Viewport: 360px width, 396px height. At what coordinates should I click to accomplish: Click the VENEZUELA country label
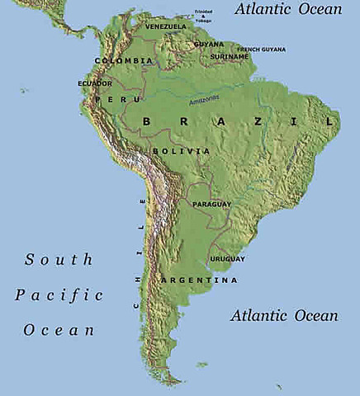click(x=165, y=26)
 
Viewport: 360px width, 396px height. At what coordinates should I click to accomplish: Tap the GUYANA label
click(x=209, y=44)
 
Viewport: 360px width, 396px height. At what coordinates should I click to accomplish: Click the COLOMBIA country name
click(x=124, y=61)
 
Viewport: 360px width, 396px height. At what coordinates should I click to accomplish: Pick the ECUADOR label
click(x=95, y=83)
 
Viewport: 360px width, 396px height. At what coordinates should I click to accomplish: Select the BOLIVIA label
click(x=175, y=152)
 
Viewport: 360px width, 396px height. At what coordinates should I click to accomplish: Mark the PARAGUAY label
click(x=211, y=203)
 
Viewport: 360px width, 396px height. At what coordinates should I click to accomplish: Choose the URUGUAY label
click(x=229, y=259)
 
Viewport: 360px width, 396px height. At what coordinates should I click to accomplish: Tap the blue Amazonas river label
click(x=204, y=100)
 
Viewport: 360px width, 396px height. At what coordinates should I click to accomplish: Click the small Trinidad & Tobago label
click(x=202, y=14)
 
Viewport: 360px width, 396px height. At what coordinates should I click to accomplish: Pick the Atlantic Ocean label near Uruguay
click(x=284, y=315)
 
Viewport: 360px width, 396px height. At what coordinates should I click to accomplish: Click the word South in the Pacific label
click(x=59, y=259)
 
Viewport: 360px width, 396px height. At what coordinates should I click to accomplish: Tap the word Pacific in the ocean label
click(x=59, y=295)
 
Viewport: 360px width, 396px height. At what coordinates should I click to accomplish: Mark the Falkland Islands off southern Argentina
click(x=201, y=364)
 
